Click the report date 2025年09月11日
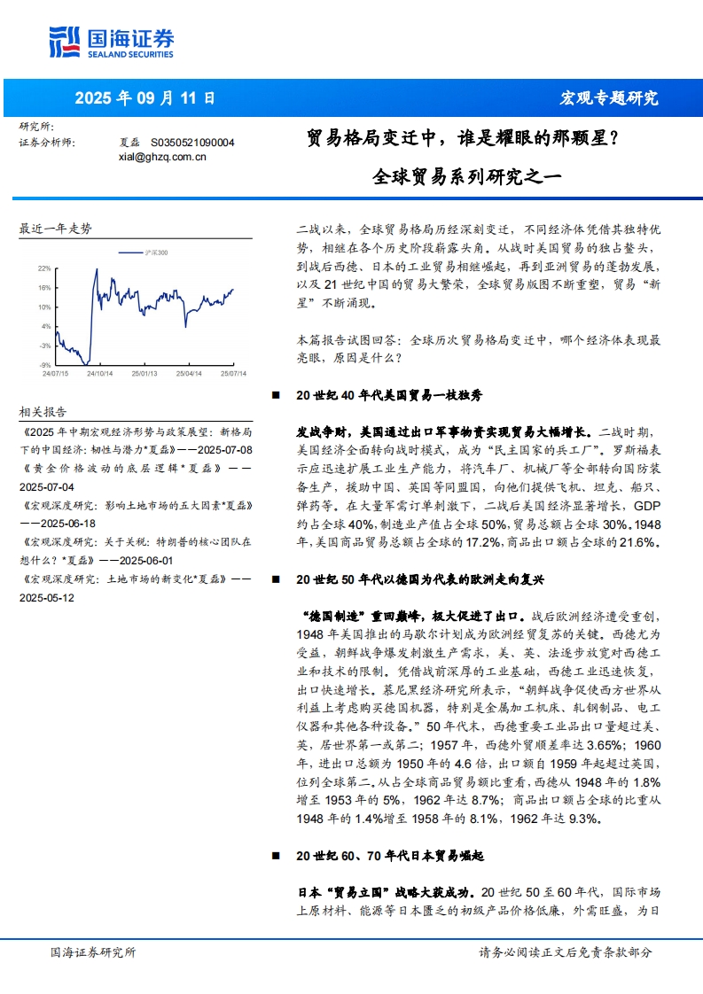(145, 98)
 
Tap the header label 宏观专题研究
(610, 98)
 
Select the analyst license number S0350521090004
(192, 142)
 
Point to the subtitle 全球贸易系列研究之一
(468, 175)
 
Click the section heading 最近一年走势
(56, 229)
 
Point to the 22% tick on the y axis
(44, 267)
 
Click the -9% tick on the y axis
(44, 364)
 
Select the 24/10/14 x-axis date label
(98, 374)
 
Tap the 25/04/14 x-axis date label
(188, 374)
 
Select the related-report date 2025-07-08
(224, 450)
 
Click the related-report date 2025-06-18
(54, 523)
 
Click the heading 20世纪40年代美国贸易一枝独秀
(389, 395)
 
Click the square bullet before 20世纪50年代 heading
(276, 579)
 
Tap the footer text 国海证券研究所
(93, 952)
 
